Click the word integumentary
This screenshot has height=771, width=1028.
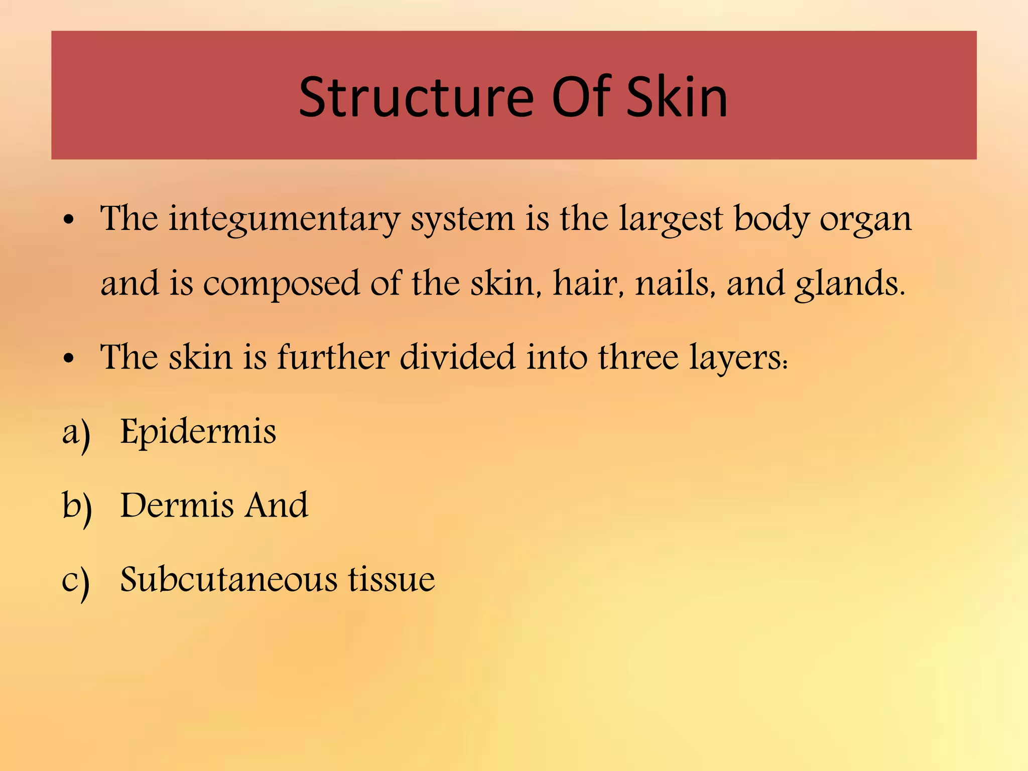coord(284,220)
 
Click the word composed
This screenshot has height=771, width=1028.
coord(281,284)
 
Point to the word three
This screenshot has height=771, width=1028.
coord(637,357)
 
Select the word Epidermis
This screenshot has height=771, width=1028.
coord(198,432)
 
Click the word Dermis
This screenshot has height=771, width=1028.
coord(176,505)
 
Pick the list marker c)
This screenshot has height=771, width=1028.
coord(76,581)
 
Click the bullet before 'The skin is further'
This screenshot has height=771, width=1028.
coord(69,358)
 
